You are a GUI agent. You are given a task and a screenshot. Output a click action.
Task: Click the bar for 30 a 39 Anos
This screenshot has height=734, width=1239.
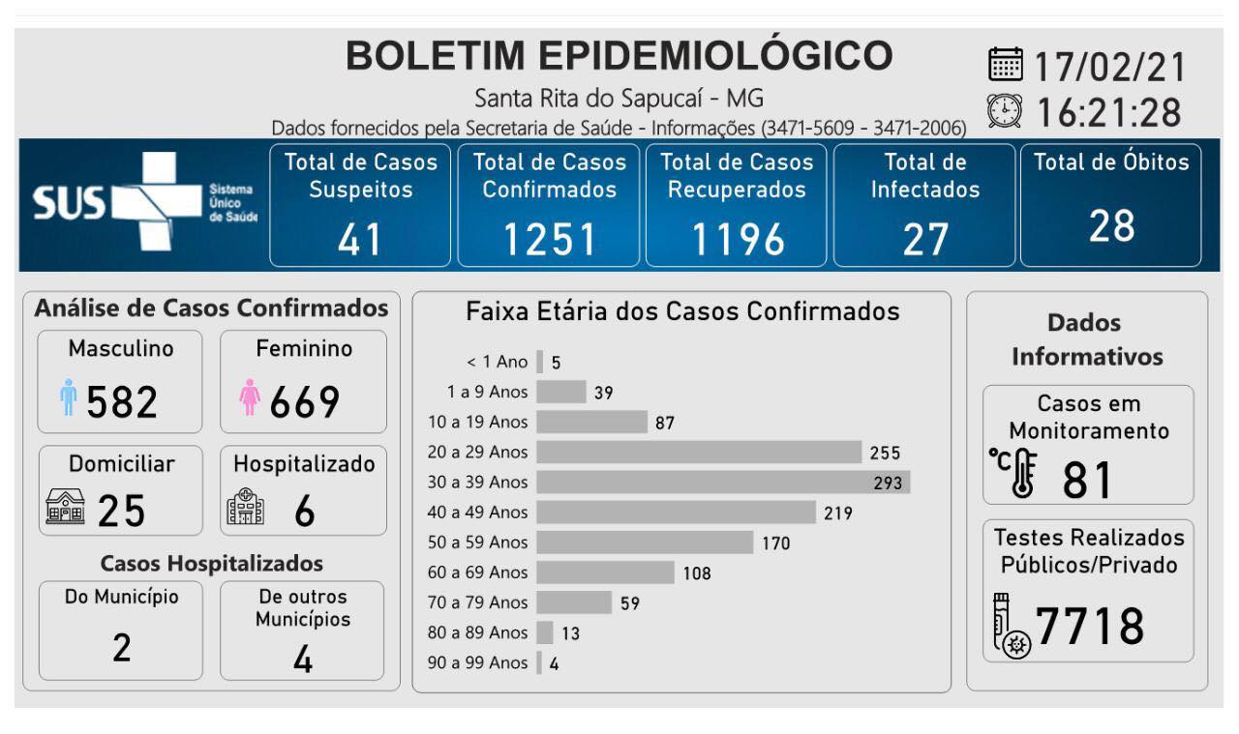pos(723,482)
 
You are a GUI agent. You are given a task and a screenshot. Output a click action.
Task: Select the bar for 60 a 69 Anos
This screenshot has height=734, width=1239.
pos(605,573)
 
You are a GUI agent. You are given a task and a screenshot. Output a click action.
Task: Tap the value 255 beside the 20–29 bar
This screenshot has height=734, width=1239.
pos(885,453)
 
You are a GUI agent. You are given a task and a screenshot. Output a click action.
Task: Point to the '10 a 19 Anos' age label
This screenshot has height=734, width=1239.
pos(478,422)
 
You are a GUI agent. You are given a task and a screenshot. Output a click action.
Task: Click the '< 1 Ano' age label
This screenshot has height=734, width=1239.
pos(498,363)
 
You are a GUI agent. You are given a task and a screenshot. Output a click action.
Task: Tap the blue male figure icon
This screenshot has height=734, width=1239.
pos(67,397)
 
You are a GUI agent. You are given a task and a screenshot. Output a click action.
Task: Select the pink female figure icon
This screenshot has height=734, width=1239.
pos(250,397)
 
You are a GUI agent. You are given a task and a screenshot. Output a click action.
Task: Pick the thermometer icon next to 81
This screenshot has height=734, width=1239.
pos(1015,474)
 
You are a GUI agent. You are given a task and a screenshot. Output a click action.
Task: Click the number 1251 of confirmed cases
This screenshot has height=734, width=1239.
pos(548,239)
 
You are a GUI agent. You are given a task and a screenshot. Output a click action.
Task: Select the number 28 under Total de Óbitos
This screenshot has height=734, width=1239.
pos(1110,226)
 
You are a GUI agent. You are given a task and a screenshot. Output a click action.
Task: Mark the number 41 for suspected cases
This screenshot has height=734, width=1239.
pos(360,239)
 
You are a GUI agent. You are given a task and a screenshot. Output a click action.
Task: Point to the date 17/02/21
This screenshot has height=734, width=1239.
pos(1109,67)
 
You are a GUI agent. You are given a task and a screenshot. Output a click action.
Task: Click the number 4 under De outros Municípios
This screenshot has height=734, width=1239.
pos(302,659)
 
